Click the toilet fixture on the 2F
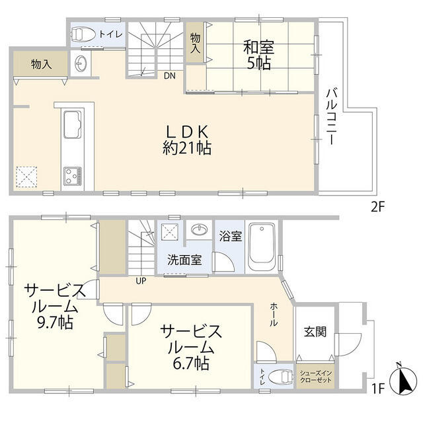(83, 34)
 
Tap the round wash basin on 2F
(81, 65)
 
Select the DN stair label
(170, 75)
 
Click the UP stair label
(141, 280)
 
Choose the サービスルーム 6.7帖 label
(190, 346)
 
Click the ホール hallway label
(274, 315)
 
